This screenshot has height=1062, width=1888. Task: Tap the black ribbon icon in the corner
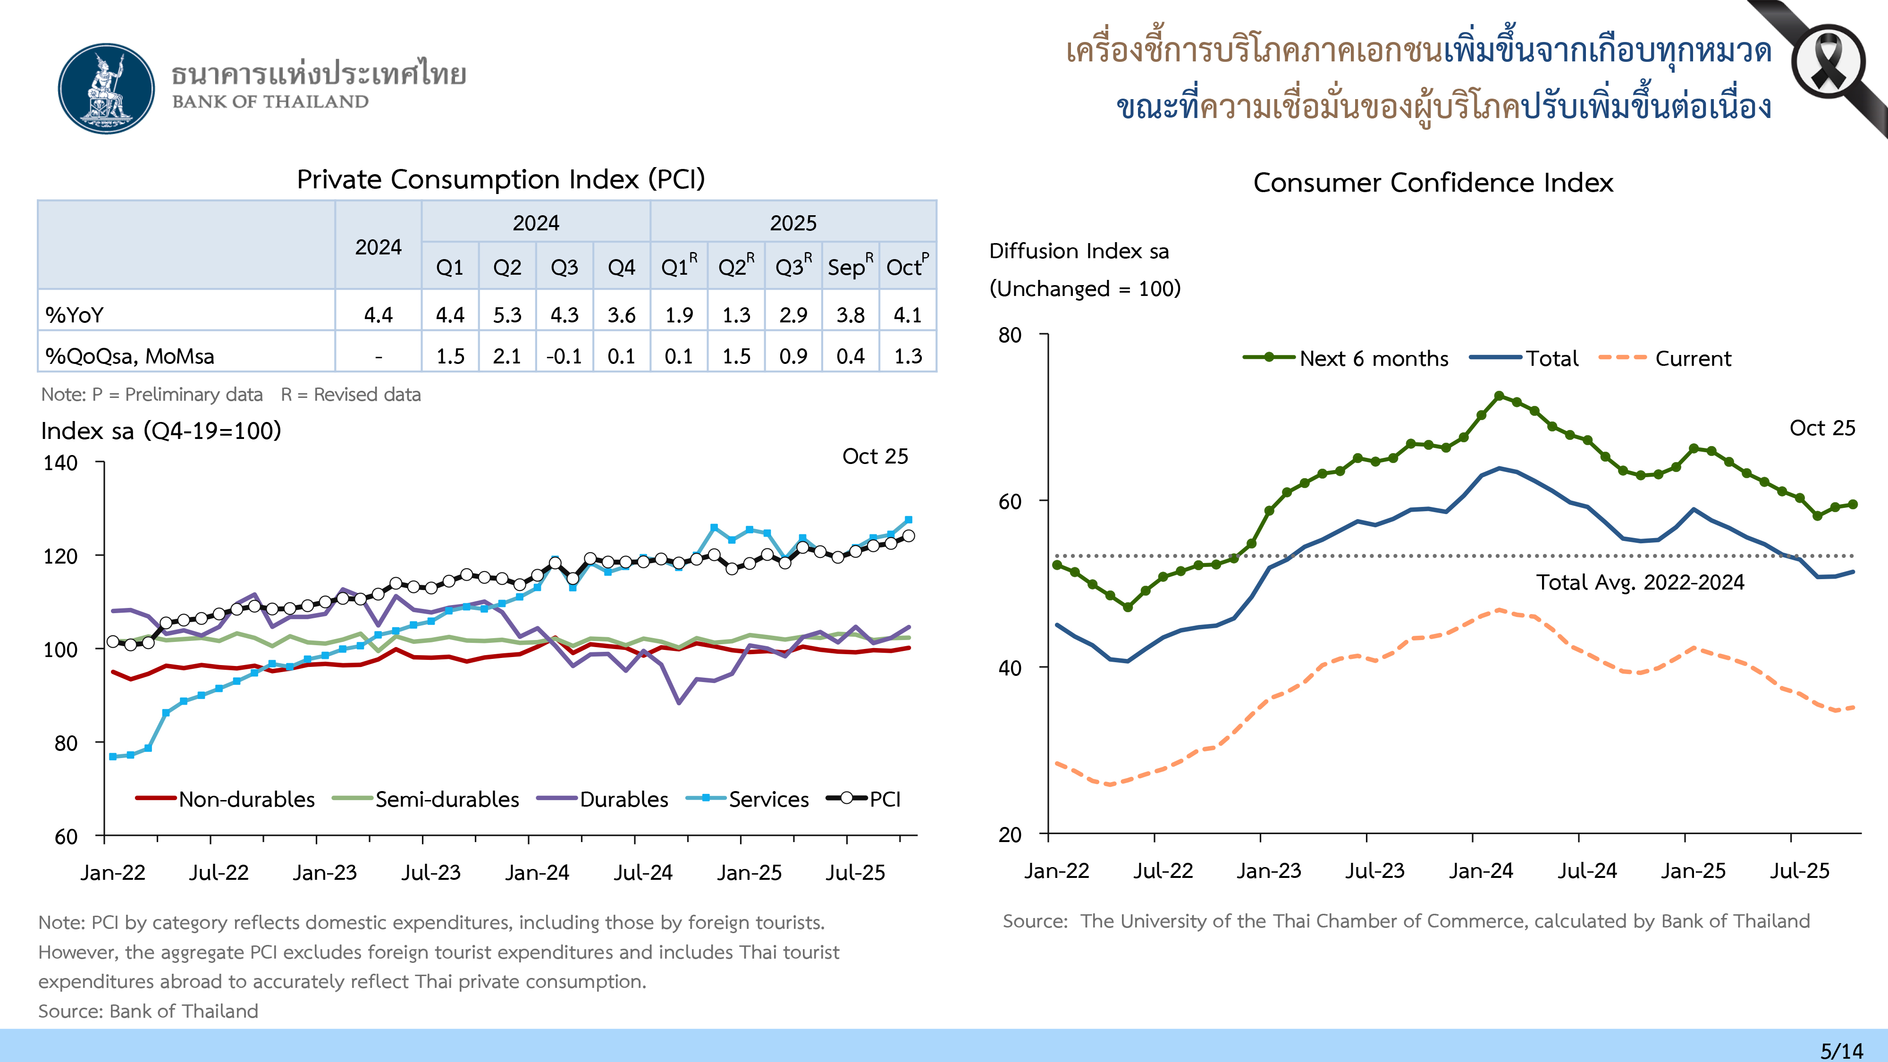coord(1827,62)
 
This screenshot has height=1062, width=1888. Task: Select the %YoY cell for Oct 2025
coord(907,315)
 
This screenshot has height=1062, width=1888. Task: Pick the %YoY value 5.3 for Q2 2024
coord(507,315)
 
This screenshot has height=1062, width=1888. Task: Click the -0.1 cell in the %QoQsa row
coord(564,356)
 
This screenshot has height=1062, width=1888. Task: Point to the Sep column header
coord(850,267)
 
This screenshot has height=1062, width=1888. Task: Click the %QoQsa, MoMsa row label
coord(130,356)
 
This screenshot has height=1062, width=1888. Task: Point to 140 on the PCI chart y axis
coord(61,463)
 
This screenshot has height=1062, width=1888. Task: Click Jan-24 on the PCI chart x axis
coord(537,872)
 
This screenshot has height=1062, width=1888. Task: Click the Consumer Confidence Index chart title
coord(1433,183)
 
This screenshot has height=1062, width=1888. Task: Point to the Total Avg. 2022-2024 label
coord(1640,582)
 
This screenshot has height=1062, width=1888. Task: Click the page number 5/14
coord(1841,1050)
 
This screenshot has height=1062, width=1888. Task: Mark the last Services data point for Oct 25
coord(908,520)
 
